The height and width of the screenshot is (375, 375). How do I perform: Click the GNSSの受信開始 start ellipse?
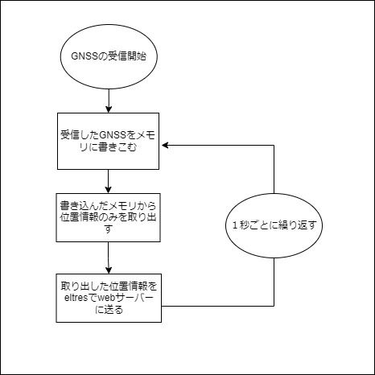(108, 60)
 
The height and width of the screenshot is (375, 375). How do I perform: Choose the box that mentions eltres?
(108, 296)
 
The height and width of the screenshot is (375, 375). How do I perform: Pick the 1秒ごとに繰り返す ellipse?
(274, 226)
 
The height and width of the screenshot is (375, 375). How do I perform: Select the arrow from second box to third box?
(108, 258)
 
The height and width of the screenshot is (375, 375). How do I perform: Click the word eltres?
(75, 297)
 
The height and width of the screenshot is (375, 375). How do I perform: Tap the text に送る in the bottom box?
(108, 310)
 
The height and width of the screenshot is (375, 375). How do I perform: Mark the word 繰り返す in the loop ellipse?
(301, 226)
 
